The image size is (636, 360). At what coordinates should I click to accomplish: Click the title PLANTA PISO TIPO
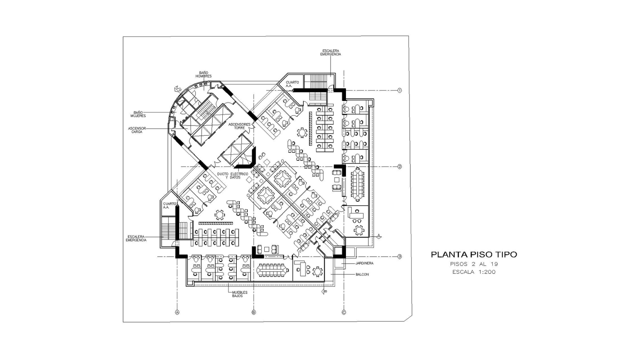pyautogui.click(x=474, y=255)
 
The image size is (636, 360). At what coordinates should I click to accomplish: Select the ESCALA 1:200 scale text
pyautogui.click(x=474, y=272)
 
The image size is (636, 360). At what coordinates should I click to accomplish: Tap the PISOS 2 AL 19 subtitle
pyautogui.click(x=474, y=264)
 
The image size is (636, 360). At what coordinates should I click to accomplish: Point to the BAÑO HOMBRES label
pyautogui.click(x=203, y=74)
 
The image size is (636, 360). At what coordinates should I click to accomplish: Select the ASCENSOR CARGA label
pyautogui.click(x=137, y=130)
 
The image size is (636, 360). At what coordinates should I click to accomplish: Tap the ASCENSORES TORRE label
pyautogui.click(x=240, y=126)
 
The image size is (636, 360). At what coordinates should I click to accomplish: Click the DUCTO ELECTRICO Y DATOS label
pyautogui.click(x=232, y=176)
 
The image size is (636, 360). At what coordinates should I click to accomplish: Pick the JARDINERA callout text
pyautogui.click(x=364, y=263)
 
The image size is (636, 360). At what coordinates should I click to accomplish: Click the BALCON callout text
pyautogui.click(x=362, y=274)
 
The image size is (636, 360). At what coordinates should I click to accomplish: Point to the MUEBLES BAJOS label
pyautogui.click(x=237, y=294)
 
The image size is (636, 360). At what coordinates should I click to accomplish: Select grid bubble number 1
pyautogui.click(x=400, y=91)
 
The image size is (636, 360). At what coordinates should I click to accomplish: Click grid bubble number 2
pyautogui.click(x=400, y=166)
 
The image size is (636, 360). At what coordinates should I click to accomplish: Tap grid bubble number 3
pyautogui.click(x=400, y=257)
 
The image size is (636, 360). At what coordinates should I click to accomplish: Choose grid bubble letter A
pyautogui.click(x=177, y=312)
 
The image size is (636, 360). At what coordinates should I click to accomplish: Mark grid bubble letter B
pyautogui.click(x=254, y=312)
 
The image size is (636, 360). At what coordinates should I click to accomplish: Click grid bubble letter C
pyautogui.click(x=344, y=312)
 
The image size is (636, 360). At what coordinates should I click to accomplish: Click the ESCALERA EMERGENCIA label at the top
pyautogui.click(x=331, y=53)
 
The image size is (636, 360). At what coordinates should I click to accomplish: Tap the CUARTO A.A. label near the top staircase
pyautogui.click(x=292, y=84)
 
